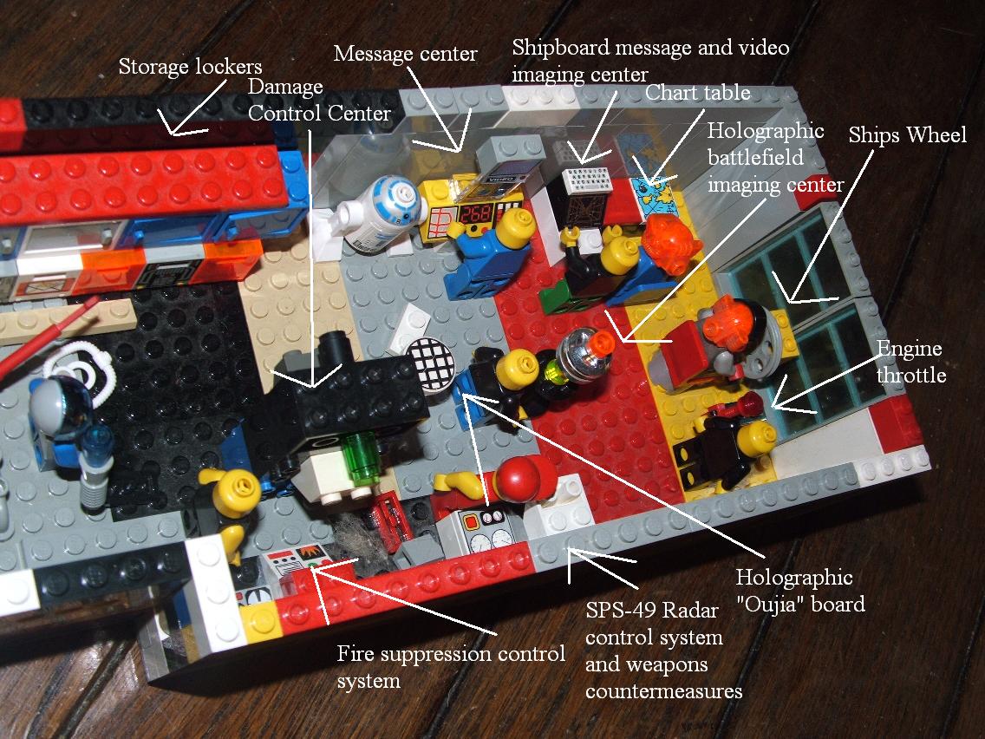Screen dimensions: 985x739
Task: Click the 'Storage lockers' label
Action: point(190,66)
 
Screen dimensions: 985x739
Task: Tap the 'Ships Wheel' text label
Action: point(907,135)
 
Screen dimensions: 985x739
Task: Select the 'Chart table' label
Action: point(697,93)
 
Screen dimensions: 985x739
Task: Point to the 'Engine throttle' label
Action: point(911,362)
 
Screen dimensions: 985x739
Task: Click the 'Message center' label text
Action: point(405,54)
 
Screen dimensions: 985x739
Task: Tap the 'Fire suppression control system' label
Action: point(451,667)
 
